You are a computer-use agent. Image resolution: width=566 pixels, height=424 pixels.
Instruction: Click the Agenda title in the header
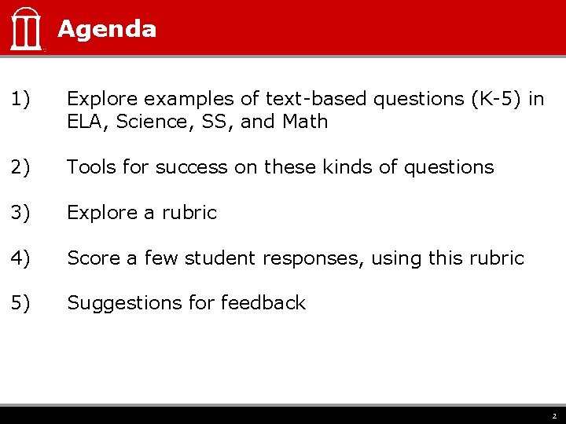click(x=107, y=29)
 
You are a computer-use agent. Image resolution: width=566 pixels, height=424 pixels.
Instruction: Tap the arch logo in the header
click(x=26, y=29)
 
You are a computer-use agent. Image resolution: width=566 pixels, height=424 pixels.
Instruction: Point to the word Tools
click(x=90, y=167)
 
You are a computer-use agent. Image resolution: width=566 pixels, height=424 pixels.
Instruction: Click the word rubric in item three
click(x=189, y=213)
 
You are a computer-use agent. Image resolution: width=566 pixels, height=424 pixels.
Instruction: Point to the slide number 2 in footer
click(x=553, y=416)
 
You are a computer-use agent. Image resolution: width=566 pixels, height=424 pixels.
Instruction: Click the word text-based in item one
click(x=316, y=99)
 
